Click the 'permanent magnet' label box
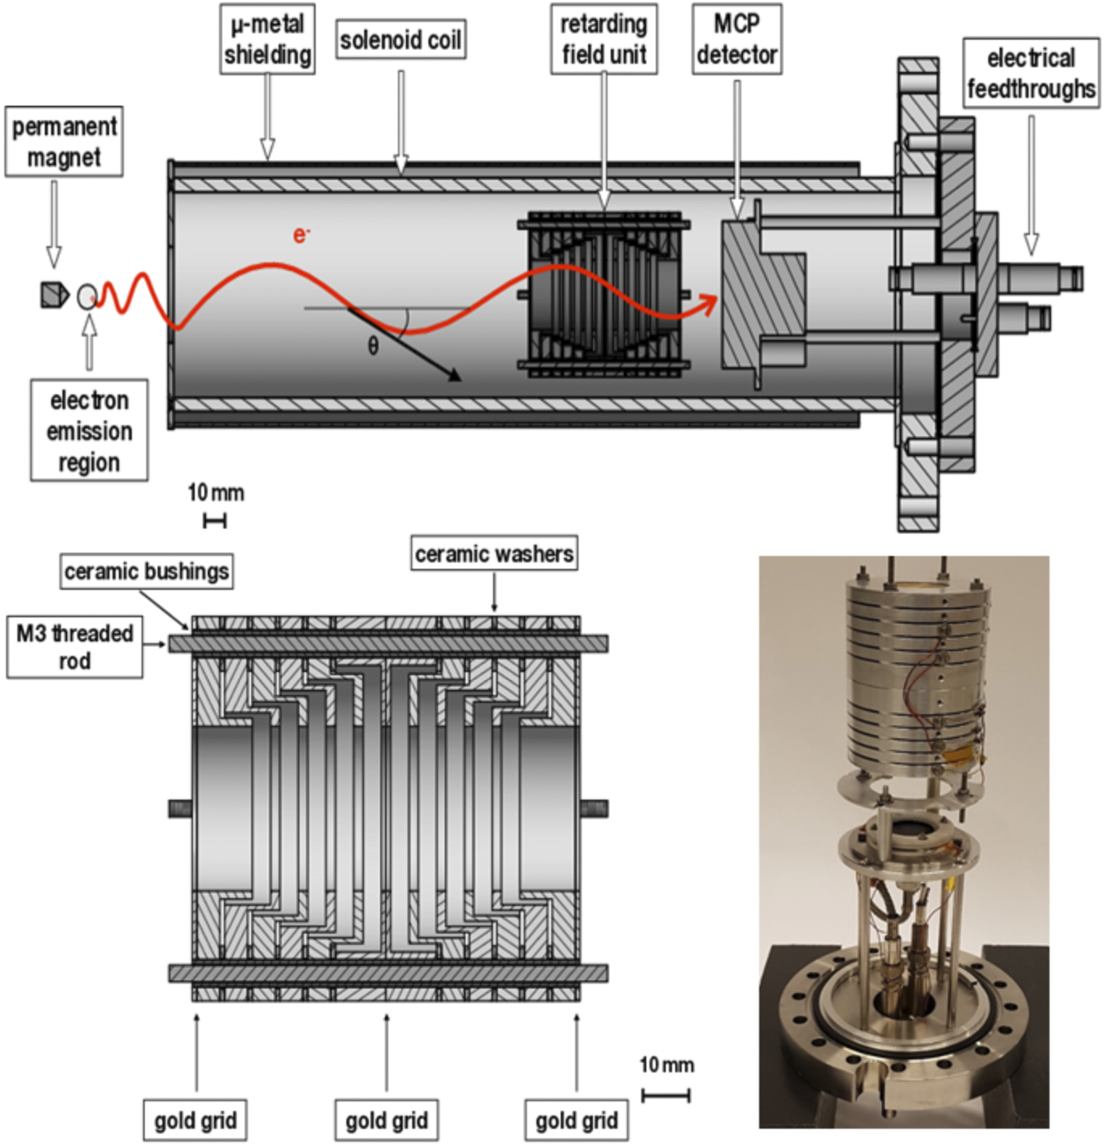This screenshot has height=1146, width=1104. (x=63, y=141)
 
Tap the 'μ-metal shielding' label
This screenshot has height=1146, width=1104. (x=267, y=39)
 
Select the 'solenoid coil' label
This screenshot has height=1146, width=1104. (x=401, y=40)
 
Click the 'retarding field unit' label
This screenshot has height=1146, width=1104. (x=604, y=39)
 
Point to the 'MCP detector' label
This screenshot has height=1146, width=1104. (x=736, y=39)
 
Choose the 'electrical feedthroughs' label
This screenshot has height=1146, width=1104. (x=1030, y=73)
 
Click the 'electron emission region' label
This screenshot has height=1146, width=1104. (x=89, y=430)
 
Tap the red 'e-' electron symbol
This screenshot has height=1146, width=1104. (x=301, y=234)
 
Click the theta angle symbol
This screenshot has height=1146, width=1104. (x=373, y=345)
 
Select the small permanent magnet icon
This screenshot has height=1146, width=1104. (x=54, y=294)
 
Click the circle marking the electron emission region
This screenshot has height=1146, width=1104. (x=86, y=296)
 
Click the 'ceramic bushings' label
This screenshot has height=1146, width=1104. (x=146, y=572)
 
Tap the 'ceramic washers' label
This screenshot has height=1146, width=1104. (x=494, y=553)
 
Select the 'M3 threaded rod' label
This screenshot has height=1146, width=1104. (x=74, y=647)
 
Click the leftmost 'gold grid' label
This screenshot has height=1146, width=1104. (x=195, y=1121)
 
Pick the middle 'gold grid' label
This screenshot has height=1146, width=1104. (x=387, y=1121)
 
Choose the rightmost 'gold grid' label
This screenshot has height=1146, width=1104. (x=576, y=1121)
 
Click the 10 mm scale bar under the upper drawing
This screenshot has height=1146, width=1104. (x=215, y=521)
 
